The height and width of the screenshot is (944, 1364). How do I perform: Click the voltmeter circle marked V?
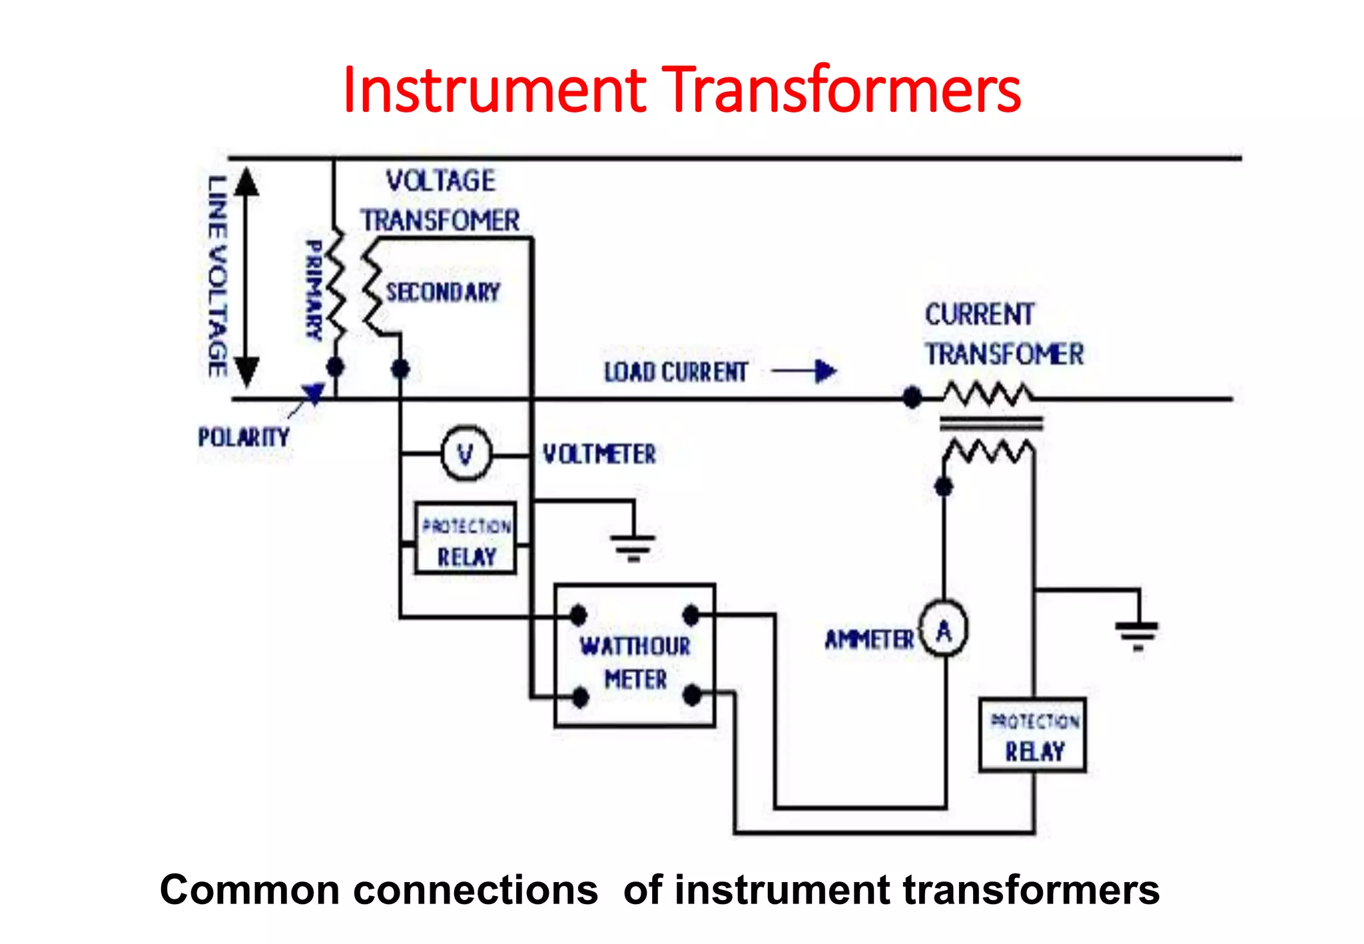(x=466, y=454)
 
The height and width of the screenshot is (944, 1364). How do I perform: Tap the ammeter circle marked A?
(x=944, y=629)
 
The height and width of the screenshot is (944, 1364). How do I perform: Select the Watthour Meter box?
(x=635, y=656)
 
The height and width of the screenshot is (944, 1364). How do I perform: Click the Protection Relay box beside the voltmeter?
(x=466, y=538)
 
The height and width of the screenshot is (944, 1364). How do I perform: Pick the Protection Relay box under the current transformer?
(x=1033, y=735)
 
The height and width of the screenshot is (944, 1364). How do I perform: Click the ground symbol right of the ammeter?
(x=1138, y=632)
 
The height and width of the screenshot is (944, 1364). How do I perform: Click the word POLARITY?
(x=244, y=437)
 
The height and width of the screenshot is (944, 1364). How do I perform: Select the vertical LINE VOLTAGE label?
(x=217, y=276)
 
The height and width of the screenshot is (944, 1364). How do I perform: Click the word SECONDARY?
(x=443, y=292)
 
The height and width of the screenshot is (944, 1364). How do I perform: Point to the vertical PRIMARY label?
(x=314, y=290)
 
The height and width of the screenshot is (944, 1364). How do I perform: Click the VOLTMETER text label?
(x=599, y=455)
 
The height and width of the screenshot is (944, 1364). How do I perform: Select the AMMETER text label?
(x=869, y=640)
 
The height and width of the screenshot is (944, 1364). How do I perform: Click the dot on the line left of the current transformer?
(x=912, y=398)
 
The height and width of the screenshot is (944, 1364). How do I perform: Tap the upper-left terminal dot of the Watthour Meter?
(x=578, y=614)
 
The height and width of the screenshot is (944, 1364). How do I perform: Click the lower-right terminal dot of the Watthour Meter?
(x=692, y=696)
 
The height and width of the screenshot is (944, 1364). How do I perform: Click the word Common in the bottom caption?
(x=250, y=890)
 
